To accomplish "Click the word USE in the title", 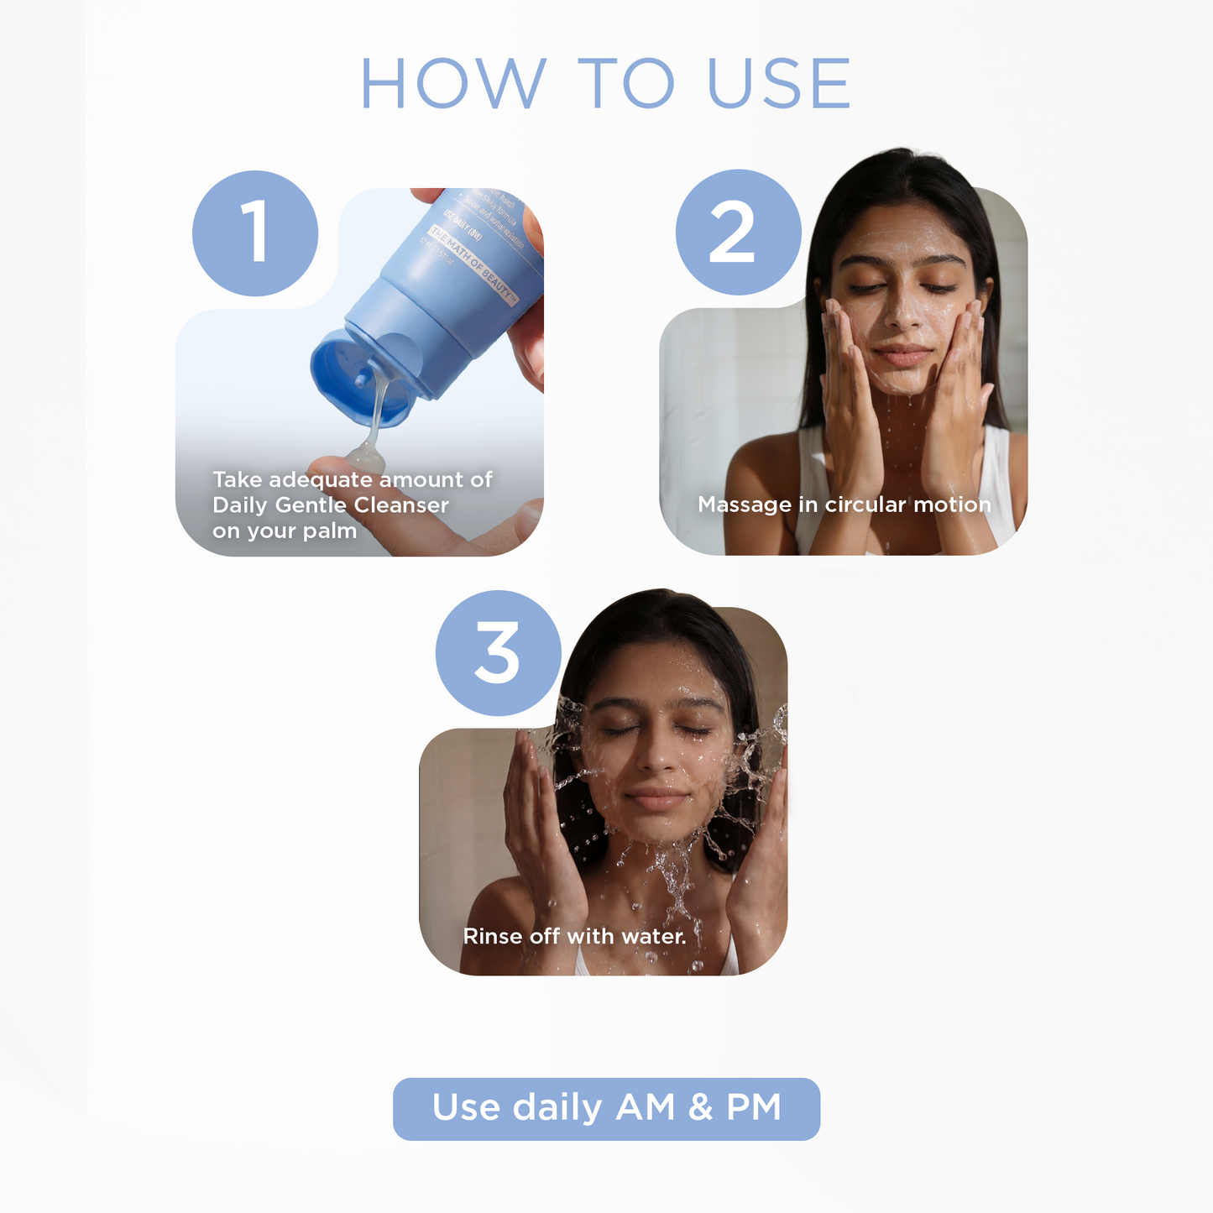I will point(780,84).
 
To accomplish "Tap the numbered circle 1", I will point(255,233).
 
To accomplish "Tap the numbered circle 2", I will point(738,233).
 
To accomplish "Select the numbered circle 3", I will point(498,653).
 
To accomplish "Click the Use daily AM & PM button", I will point(606,1109).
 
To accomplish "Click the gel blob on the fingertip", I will point(366,457).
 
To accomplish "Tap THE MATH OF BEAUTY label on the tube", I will point(474,265).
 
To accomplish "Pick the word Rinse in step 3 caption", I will point(493,937).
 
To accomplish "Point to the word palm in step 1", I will point(330,532).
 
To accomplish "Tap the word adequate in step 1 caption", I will point(321,480).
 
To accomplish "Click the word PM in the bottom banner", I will point(753,1107).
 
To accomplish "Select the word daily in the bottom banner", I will point(557,1108).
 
